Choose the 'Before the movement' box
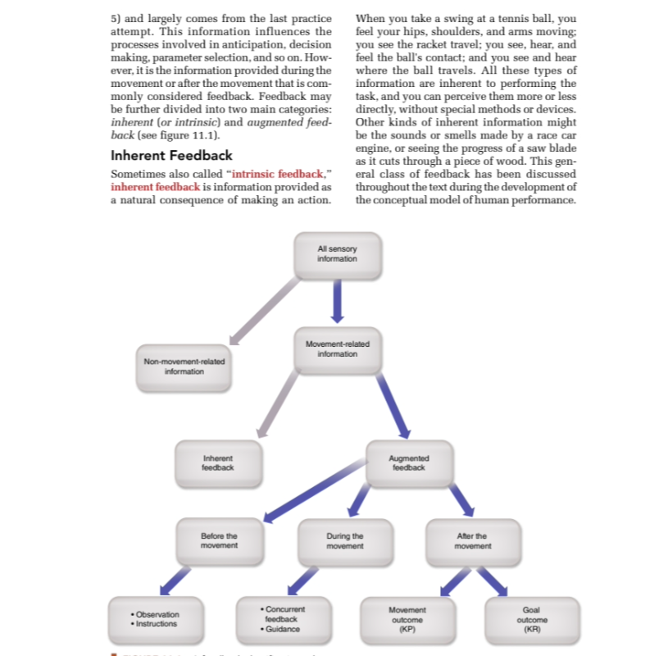[x=219, y=540]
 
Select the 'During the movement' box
[x=343, y=540]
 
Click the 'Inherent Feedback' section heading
[x=171, y=156]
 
